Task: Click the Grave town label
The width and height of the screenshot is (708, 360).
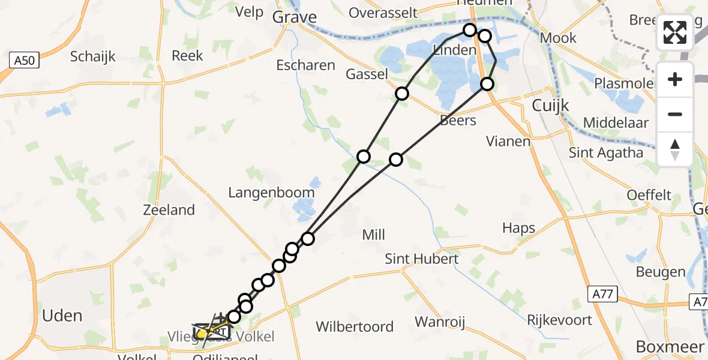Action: tap(294, 17)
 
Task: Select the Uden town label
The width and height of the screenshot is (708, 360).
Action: tap(63, 315)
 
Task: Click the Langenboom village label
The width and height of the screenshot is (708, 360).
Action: tap(271, 193)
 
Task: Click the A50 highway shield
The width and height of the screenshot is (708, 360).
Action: tap(25, 61)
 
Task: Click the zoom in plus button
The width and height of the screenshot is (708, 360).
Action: tap(675, 80)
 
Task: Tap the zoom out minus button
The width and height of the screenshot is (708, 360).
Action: tap(675, 115)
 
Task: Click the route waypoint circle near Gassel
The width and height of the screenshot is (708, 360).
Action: tap(402, 94)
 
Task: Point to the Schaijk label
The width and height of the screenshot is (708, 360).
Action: tap(92, 57)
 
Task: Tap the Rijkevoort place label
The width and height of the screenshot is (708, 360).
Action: tap(560, 320)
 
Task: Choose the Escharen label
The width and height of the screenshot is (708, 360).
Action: tap(305, 65)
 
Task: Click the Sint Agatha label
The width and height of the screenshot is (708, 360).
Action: tap(606, 152)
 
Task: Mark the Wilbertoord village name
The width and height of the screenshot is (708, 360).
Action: tap(355, 327)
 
